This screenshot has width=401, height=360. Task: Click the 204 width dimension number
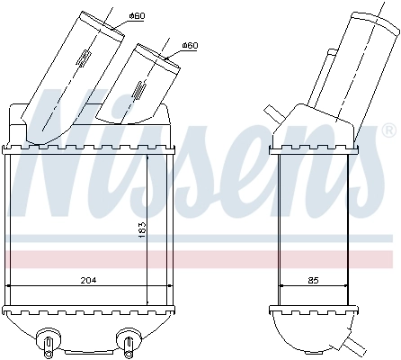[x=87, y=280]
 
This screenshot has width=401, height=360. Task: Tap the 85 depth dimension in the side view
[x=312, y=280]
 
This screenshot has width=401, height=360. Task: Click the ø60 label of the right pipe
[x=189, y=45]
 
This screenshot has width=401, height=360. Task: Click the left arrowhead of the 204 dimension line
[x=11, y=287]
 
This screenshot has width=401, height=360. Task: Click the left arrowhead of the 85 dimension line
[x=281, y=287]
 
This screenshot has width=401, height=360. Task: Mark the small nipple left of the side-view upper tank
[x=271, y=112]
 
